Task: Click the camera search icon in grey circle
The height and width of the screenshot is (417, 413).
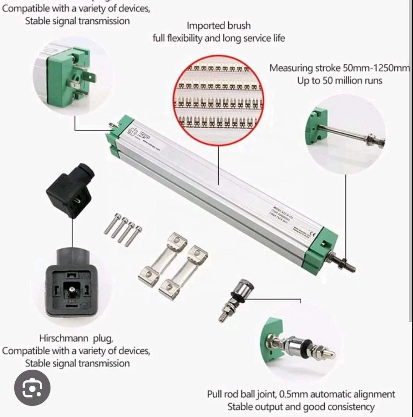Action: tap(32, 388)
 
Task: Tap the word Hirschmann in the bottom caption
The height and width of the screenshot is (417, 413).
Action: tap(75, 338)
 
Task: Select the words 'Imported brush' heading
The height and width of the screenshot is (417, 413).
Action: tap(218, 26)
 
